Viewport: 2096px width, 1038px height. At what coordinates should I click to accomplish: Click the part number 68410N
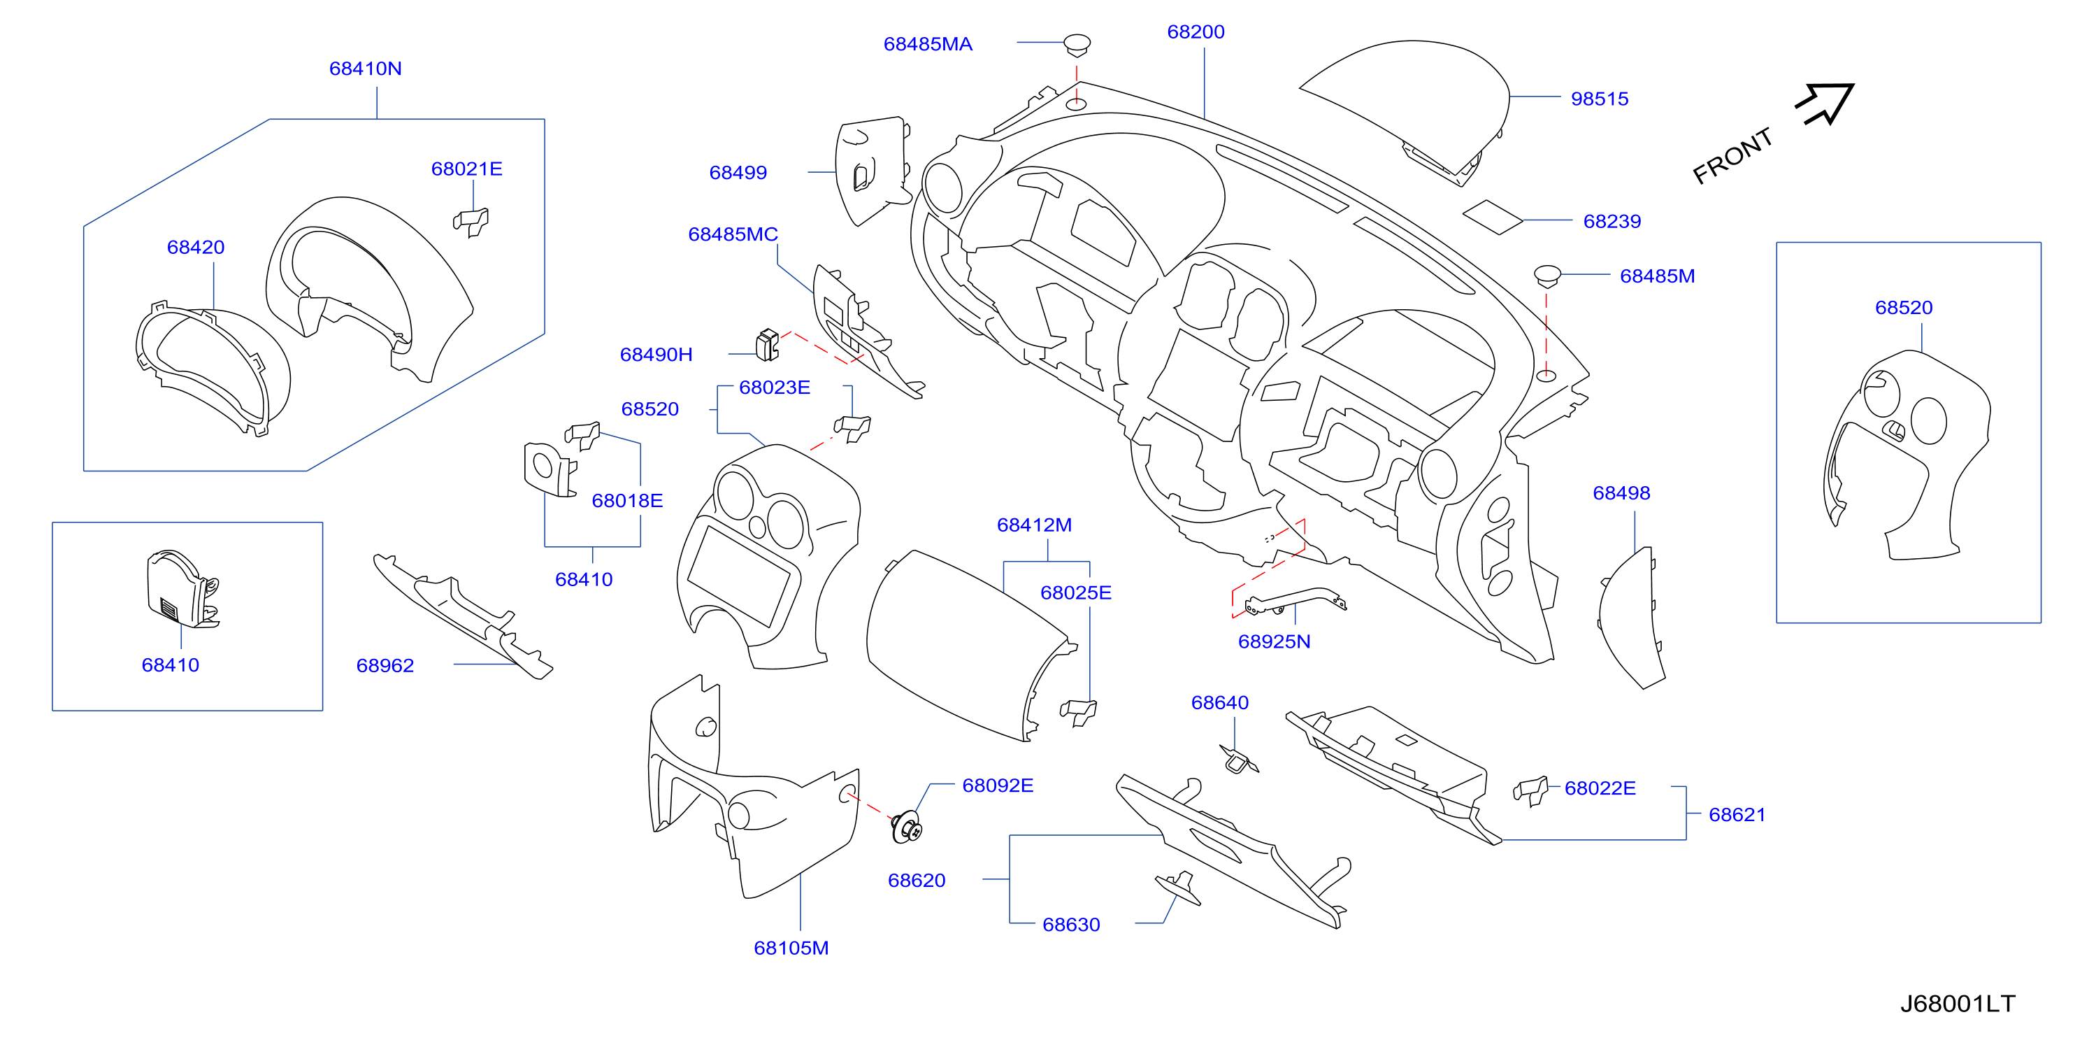coord(366,69)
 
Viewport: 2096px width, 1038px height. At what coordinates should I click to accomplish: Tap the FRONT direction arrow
coord(1825,104)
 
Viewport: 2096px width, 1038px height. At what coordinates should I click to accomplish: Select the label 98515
coord(1600,99)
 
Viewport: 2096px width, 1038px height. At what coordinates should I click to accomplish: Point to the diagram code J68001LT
coord(1958,1004)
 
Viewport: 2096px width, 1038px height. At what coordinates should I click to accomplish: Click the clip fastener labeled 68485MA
coord(1077,45)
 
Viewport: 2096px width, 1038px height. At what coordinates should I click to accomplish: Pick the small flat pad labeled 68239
coord(1492,218)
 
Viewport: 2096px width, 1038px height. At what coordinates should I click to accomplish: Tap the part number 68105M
coord(791,948)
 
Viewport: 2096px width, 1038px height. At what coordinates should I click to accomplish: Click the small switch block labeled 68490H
coord(767,346)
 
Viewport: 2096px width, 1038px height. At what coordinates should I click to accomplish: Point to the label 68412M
coord(1034,525)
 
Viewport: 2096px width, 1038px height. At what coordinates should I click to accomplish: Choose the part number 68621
coord(1737,815)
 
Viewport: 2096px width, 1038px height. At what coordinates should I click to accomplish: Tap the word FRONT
coord(1732,156)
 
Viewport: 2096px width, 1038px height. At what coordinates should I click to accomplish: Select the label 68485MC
coord(733,234)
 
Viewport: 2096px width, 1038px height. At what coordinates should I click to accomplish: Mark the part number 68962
coord(385,666)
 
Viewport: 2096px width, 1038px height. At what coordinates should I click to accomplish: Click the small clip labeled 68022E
coord(1530,790)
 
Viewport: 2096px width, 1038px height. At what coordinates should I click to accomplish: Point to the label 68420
coord(195,248)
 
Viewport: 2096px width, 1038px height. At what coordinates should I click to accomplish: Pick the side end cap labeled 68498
coord(1630,619)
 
